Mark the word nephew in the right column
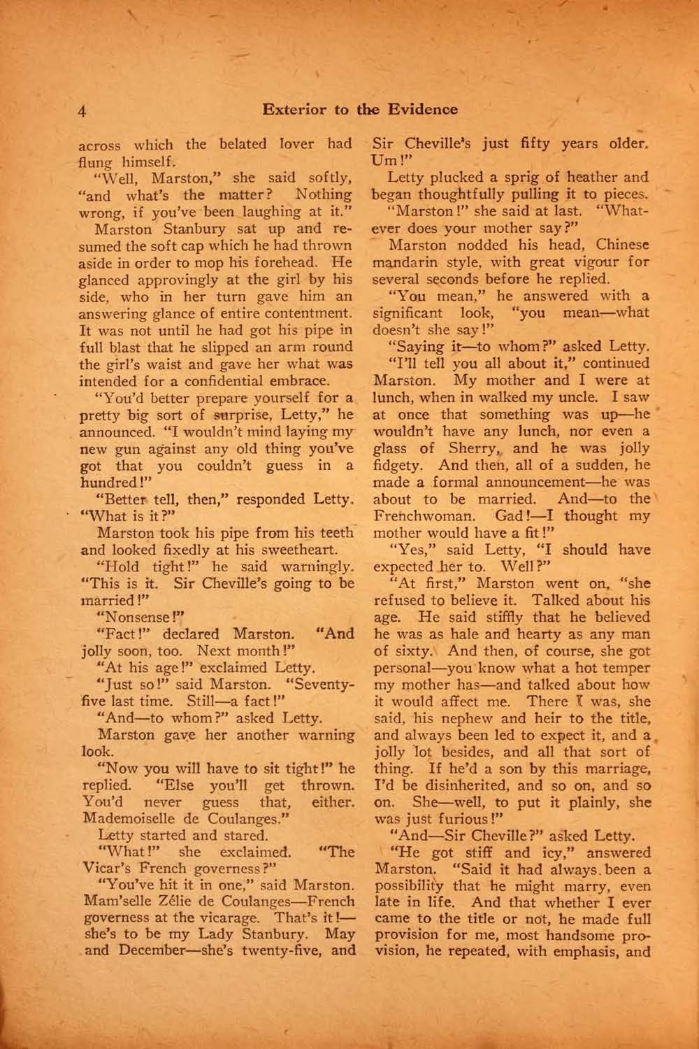(483, 718)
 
